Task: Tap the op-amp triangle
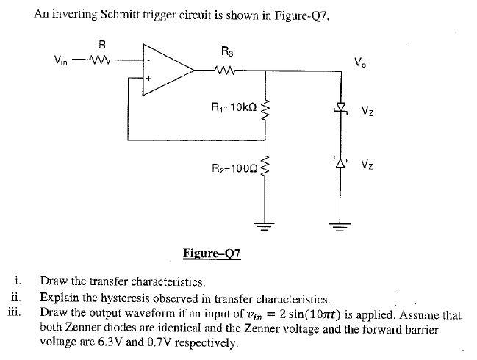[166, 71]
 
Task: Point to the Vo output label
[359, 62]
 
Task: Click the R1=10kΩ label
[233, 107]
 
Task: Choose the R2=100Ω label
[234, 168]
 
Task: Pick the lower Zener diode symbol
[340, 163]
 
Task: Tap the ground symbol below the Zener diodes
[340, 225]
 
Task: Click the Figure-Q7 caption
[212, 255]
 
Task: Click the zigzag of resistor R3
[226, 71]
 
